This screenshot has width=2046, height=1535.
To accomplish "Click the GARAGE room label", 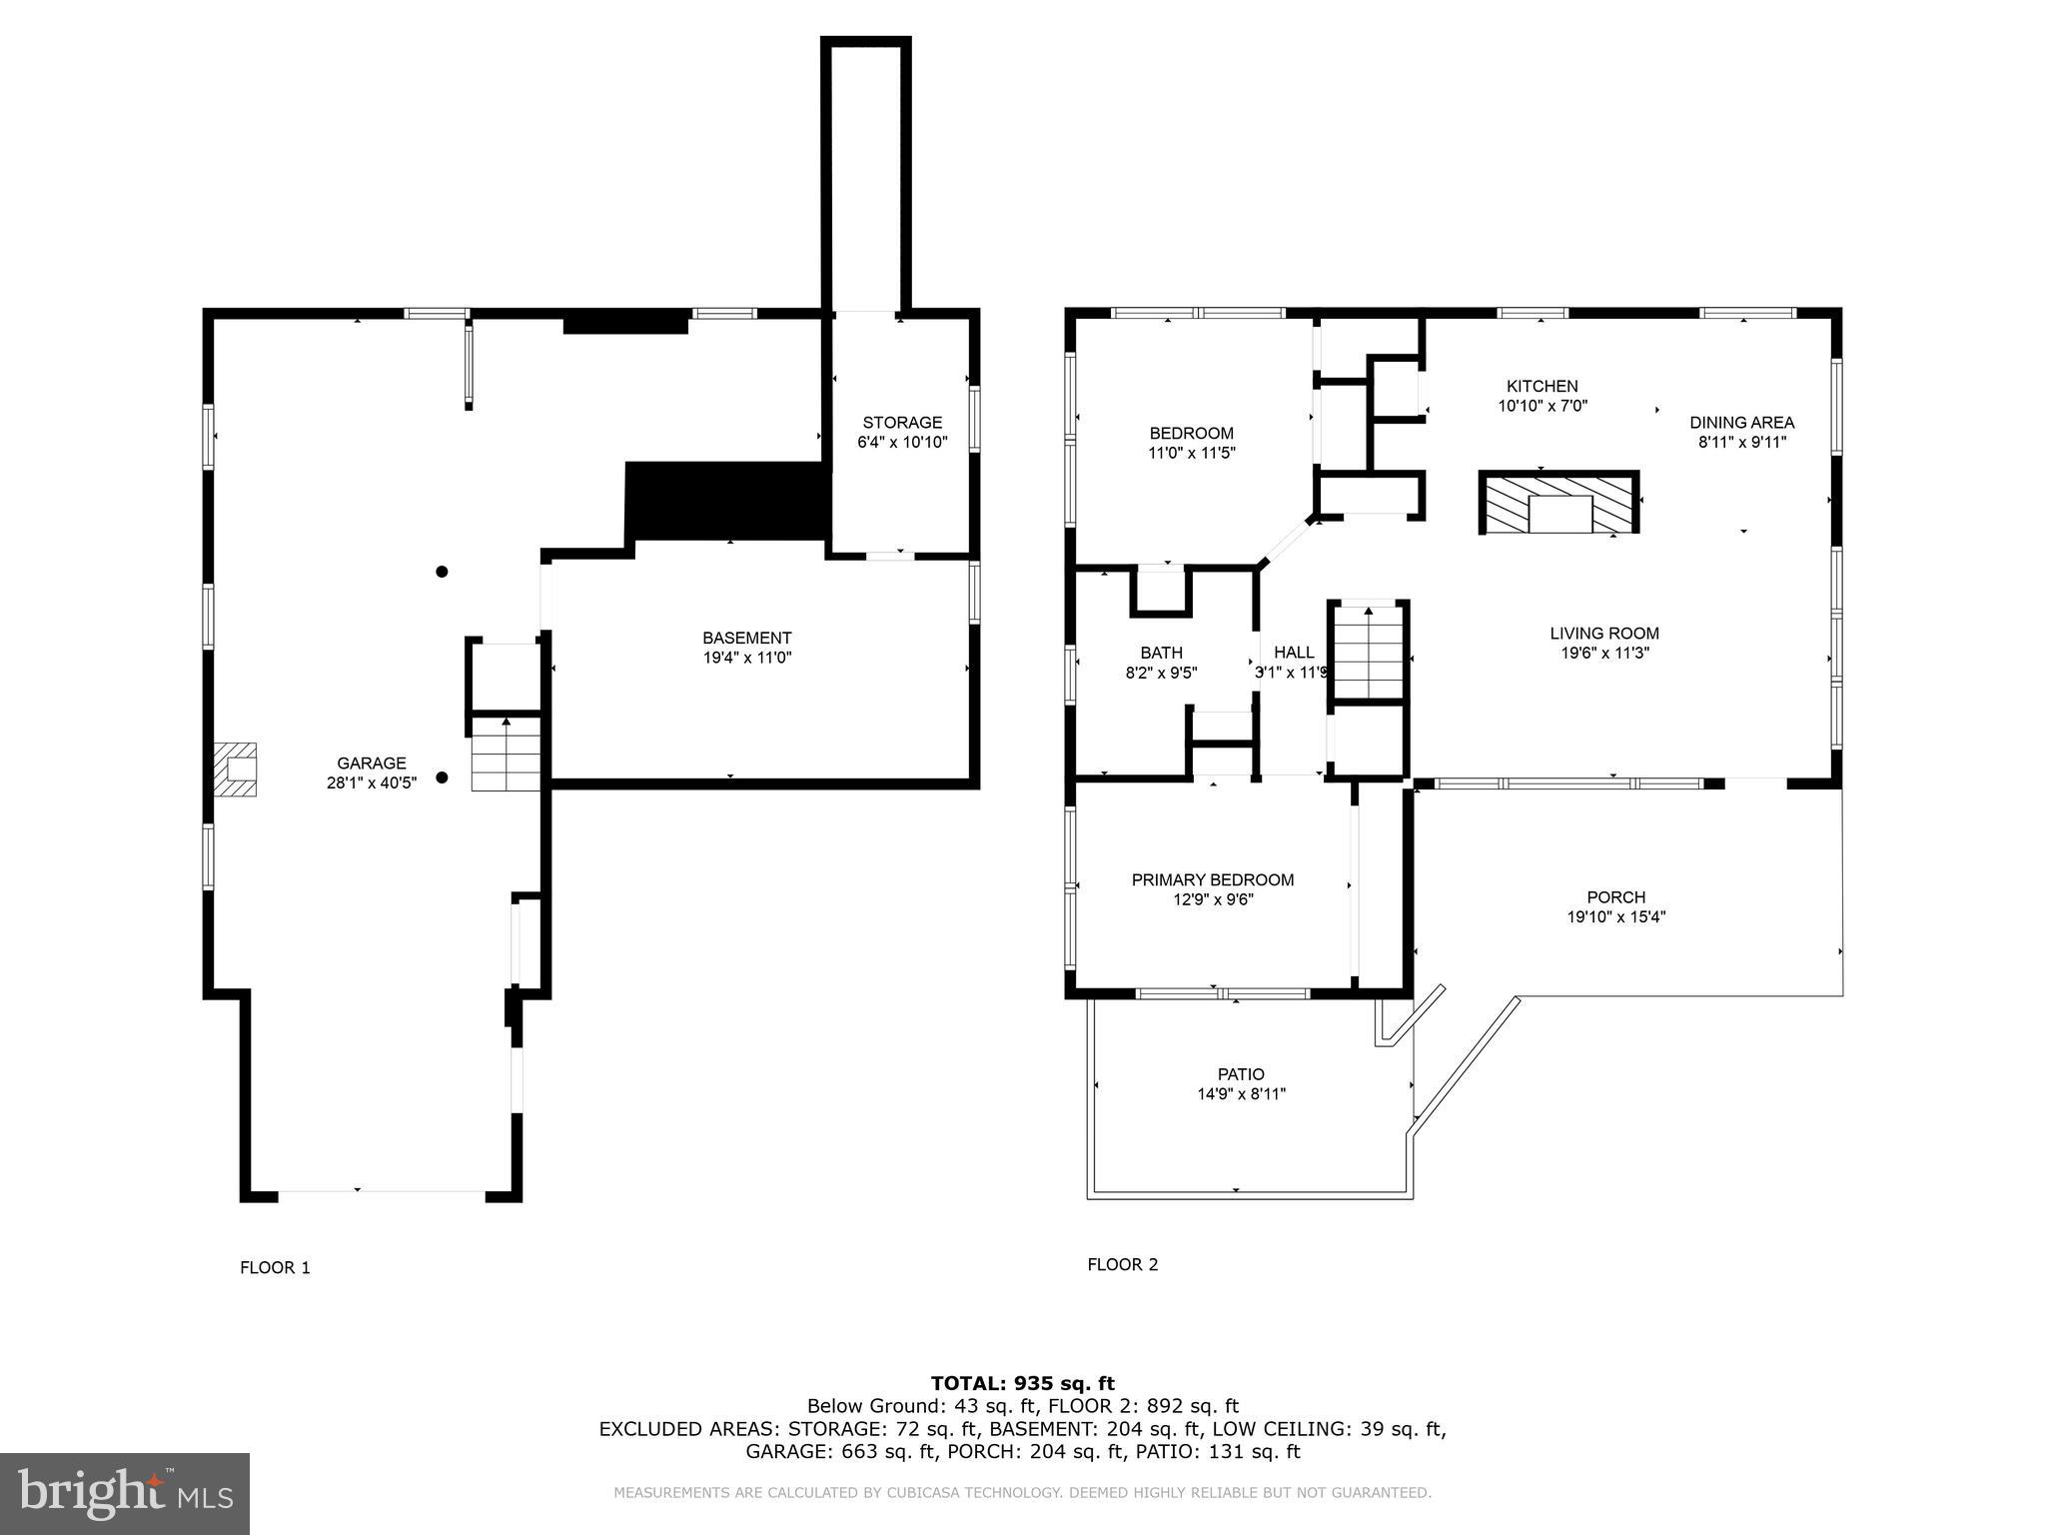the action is [x=371, y=764].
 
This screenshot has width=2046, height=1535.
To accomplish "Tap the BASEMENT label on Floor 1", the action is [x=747, y=638].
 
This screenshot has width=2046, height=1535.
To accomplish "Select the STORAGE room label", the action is [x=902, y=423].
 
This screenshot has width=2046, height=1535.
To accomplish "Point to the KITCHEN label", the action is [x=1542, y=387].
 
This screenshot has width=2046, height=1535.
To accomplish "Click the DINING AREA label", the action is [x=1742, y=423].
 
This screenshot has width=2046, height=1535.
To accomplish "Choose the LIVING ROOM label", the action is [x=1604, y=634].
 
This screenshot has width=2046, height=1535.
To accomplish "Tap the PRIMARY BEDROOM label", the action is [x=1213, y=880].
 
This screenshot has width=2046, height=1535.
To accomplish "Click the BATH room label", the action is [x=1161, y=654].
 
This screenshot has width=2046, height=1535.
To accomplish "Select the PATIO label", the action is [x=1241, y=1075].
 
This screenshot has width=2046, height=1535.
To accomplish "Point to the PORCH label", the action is [x=1616, y=897].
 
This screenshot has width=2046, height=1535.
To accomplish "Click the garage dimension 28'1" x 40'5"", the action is [x=372, y=783].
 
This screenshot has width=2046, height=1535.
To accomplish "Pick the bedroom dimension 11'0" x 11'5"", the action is [x=1192, y=453].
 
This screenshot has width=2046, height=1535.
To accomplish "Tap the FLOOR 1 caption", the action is [x=275, y=1268].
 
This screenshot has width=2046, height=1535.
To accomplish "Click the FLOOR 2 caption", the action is [x=1123, y=1265].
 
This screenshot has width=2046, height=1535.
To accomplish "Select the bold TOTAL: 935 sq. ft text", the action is [x=1023, y=1384].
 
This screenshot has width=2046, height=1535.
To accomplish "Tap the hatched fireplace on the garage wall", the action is [x=235, y=768].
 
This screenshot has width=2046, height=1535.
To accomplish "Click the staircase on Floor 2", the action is [x=1368, y=653].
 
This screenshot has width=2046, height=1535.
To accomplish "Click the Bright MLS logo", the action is [x=125, y=1493].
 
